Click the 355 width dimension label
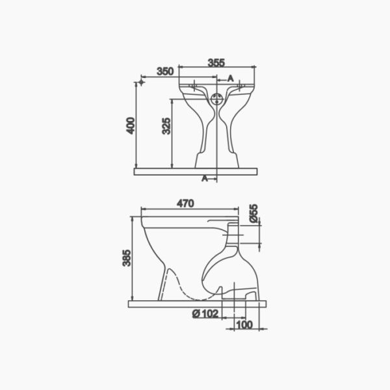[x=216, y=62]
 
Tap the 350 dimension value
[x=165, y=71]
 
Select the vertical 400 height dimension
[x=131, y=125]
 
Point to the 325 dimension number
[x=166, y=126]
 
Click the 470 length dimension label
[x=185, y=203]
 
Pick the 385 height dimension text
[x=127, y=258]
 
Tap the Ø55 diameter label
[x=253, y=213]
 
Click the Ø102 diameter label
[x=205, y=314]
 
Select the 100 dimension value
[x=244, y=324]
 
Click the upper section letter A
[x=231, y=79]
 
